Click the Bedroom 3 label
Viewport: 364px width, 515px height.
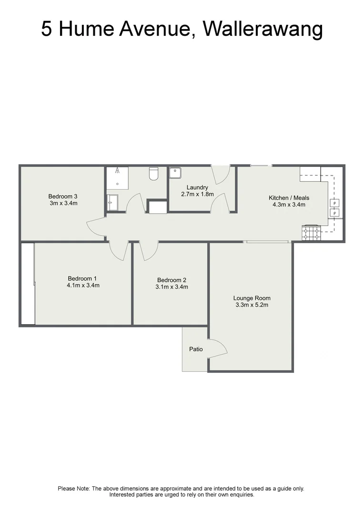[63, 196]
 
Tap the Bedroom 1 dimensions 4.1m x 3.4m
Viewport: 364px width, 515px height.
[83, 286]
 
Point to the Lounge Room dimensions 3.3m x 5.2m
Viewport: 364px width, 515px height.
[252, 305]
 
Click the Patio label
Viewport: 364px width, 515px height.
[196, 349]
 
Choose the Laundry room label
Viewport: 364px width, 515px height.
[197, 187]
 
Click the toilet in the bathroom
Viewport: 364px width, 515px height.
[154, 174]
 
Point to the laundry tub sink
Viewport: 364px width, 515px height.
[175, 173]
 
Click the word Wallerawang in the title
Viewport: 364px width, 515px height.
[263, 30]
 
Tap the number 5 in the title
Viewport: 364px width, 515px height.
[46, 30]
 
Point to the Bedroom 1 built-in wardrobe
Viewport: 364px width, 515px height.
[28, 284]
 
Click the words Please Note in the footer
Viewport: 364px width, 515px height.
[73, 488]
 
